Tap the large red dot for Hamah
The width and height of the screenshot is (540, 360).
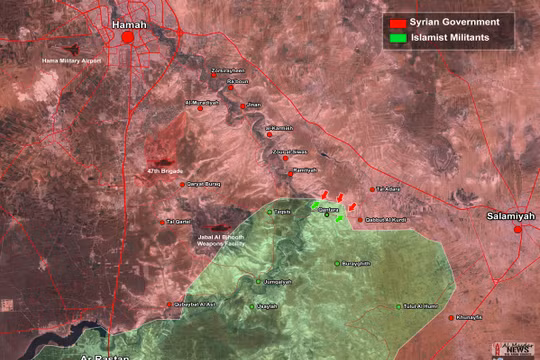pyautogui.click(x=128, y=38)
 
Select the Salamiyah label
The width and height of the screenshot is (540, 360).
pyautogui.click(x=511, y=215)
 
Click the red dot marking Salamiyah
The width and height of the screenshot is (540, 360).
pyautogui.click(x=518, y=230)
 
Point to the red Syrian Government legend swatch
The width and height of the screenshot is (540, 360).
pyautogui.click(x=397, y=22)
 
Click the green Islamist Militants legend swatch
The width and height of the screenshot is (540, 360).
pyautogui.click(x=397, y=38)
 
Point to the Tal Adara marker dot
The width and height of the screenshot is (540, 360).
pyautogui.click(x=373, y=189)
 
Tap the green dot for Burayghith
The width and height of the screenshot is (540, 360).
pyautogui.click(x=337, y=263)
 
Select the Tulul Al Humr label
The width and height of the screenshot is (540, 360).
pyautogui.click(x=420, y=306)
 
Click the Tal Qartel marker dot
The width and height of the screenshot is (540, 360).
pyautogui.click(x=163, y=222)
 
